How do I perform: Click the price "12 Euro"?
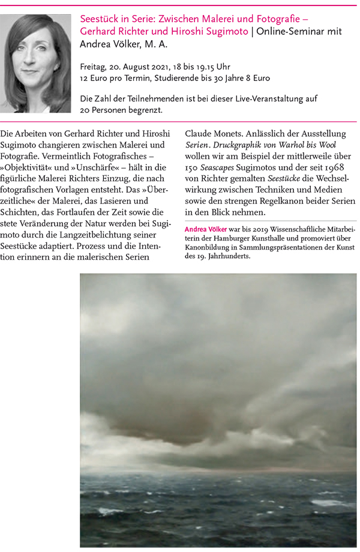click(94, 78)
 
